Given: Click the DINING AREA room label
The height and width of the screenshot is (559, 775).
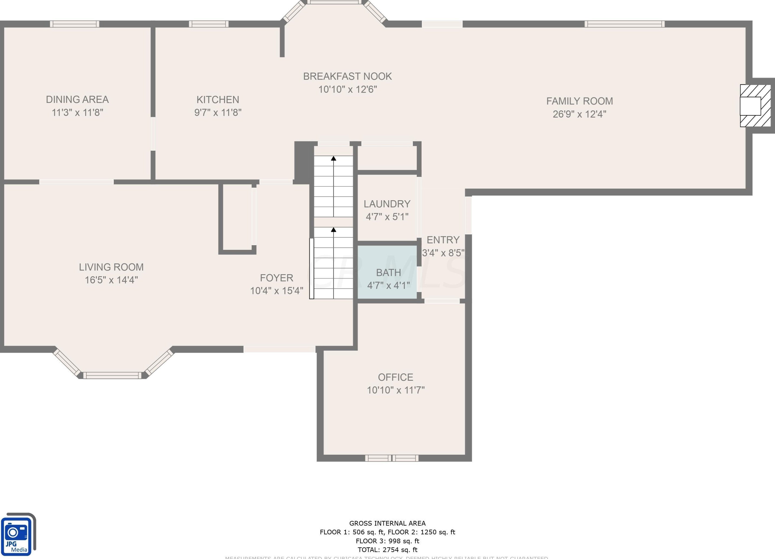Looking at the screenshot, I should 77,99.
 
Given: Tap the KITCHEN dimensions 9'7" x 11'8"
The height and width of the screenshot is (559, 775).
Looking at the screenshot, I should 218,112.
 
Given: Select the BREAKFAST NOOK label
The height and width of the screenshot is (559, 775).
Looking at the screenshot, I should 347,76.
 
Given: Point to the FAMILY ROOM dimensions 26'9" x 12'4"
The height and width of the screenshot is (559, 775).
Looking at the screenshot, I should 579,114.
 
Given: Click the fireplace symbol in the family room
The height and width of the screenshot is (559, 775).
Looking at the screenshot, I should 755,106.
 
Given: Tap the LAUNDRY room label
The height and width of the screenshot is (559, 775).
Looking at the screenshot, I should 387,204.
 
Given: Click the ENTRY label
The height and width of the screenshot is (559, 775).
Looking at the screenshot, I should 443,240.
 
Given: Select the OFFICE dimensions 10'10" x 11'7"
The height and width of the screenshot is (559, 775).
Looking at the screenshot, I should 395,390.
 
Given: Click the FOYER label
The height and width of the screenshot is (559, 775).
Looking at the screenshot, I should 276,278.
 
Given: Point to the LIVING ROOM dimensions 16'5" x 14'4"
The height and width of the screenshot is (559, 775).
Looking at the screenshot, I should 111,280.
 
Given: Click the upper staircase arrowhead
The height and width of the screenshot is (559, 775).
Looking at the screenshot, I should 334,158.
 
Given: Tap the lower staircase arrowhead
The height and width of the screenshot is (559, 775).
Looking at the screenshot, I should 334,230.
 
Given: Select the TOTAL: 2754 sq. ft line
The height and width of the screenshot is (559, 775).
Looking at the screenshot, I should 387,550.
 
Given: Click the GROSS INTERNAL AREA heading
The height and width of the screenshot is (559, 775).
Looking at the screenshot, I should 387,523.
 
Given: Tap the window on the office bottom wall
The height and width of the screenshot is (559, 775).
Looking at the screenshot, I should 392,458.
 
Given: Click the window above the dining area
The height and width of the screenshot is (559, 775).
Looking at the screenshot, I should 74,24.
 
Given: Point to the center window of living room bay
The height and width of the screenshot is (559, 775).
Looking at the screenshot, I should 112,375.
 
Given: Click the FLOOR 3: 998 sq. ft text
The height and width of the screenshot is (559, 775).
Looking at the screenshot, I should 387,541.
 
